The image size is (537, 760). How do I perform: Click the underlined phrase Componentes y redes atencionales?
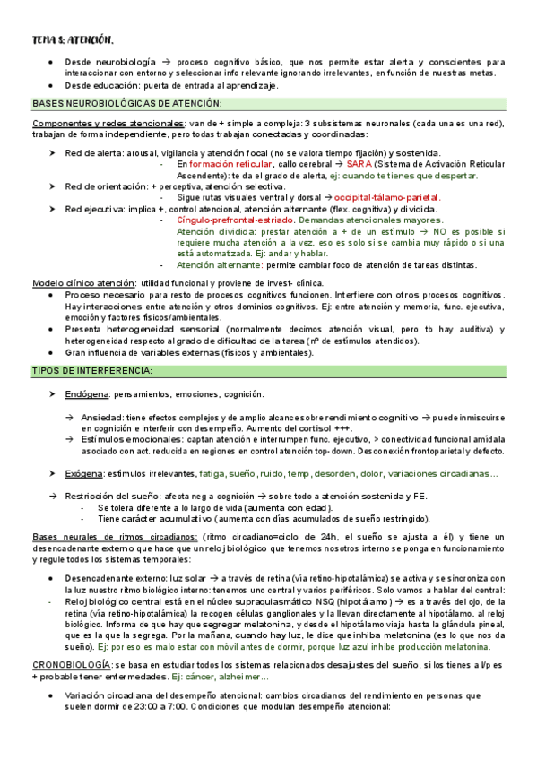click(x=108, y=123)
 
